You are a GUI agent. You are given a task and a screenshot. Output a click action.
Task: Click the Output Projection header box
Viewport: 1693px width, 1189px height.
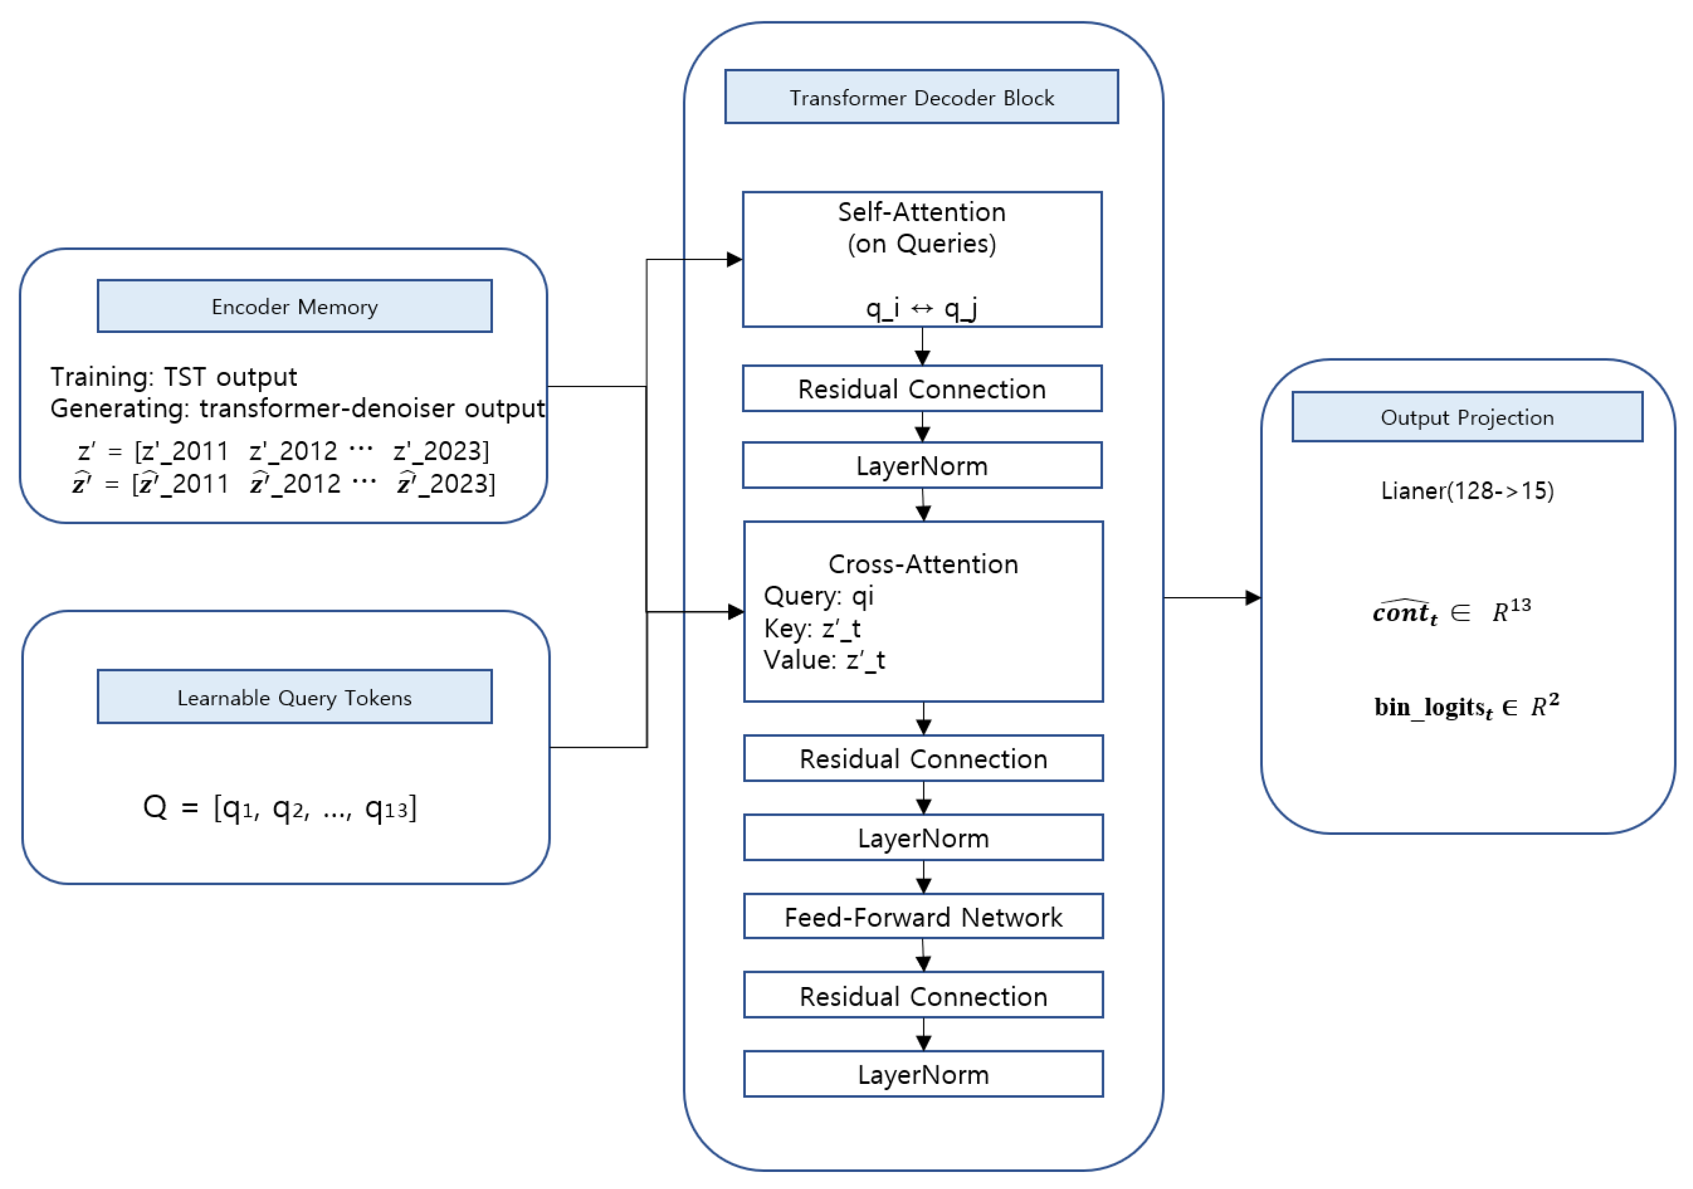[x=1467, y=417]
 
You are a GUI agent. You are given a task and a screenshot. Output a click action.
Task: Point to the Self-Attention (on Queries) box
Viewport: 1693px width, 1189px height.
[x=922, y=259]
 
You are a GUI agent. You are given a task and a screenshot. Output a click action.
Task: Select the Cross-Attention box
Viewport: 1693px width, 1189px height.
[x=923, y=612]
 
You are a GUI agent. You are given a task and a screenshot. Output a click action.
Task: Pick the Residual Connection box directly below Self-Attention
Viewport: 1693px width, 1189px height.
[x=922, y=388]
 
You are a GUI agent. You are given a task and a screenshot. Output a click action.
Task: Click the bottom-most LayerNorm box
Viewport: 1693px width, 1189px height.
[x=923, y=1074]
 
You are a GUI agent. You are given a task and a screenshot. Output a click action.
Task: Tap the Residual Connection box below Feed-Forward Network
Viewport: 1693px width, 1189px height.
[x=923, y=995]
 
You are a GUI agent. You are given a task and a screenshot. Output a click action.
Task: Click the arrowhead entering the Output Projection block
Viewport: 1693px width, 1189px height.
[x=1253, y=598]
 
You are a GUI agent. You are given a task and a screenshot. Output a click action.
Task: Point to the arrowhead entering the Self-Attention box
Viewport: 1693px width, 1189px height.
[x=734, y=259]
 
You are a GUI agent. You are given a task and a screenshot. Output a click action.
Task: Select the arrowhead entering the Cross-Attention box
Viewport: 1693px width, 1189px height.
[x=736, y=612]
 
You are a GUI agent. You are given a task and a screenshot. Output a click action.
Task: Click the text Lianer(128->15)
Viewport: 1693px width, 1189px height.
[x=1467, y=491]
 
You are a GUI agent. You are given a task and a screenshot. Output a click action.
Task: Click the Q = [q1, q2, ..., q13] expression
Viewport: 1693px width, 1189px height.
[x=280, y=808]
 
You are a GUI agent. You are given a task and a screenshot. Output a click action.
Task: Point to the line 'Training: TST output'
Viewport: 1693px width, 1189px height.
[x=173, y=376]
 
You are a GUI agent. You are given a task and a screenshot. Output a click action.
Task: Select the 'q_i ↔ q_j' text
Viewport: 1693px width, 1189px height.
[x=922, y=308]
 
